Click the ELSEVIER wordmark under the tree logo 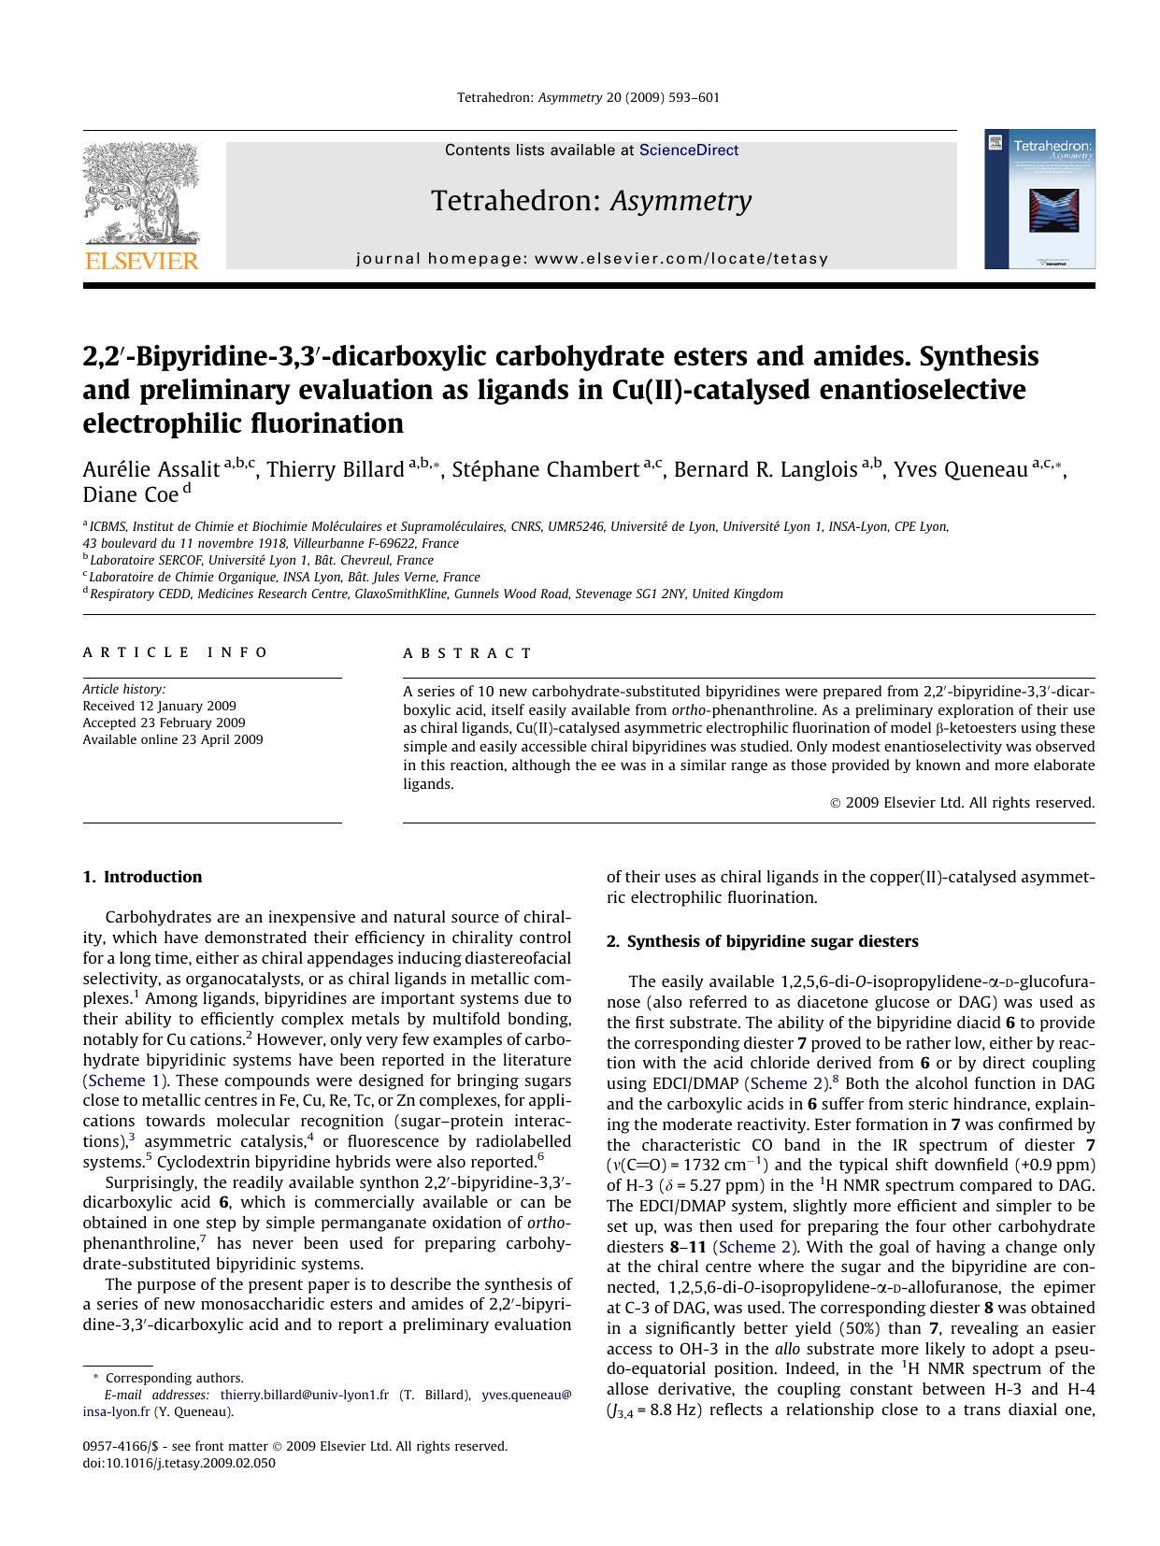141,261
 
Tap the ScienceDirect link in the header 688,150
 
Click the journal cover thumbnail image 1039,199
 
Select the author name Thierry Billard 336,469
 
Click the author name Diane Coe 130,494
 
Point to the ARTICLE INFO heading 176,652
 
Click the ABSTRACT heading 467,653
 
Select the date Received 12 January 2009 159,706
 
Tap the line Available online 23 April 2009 173,739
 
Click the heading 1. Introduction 142,877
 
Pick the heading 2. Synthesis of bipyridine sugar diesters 762,941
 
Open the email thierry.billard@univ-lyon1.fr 304,1395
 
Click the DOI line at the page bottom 179,1463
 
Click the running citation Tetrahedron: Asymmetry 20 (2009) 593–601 588,97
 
